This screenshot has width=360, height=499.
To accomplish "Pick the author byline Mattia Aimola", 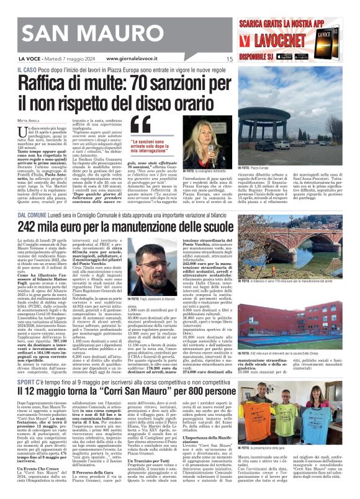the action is coord(28,119).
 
